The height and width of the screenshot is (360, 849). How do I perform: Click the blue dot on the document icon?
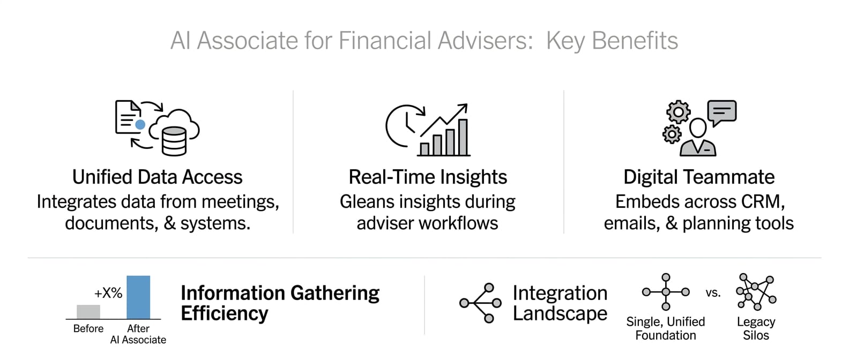[x=140, y=124]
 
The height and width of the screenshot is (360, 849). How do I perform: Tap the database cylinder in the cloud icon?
[x=174, y=141]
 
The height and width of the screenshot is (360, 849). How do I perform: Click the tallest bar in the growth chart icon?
[x=463, y=137]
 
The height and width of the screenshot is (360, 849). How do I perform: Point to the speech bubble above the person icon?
[x=722, y=112]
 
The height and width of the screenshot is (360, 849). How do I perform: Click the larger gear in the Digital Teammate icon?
[x=678, y=112]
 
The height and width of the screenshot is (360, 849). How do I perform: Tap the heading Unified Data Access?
[x=157, y=177]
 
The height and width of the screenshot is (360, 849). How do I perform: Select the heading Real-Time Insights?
[x=428, y=177]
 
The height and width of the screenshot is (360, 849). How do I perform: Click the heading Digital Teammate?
[x=699, y=177]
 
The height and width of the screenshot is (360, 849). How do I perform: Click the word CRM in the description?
[x=762, y=201]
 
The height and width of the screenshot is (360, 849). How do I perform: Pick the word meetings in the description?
[x=240, y=202]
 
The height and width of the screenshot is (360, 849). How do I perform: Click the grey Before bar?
[x=88, y=312]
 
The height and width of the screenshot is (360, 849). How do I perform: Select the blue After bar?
[x=138, y=297]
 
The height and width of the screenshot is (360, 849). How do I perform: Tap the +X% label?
[x=108, y=293]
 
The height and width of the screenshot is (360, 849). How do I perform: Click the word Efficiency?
[x=225, y=313]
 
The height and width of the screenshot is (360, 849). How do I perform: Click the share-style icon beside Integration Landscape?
[x=481, y=303]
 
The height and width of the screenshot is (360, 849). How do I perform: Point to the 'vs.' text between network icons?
[x=713, y=293]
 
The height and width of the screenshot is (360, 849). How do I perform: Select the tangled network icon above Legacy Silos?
[x=756, y=292]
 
